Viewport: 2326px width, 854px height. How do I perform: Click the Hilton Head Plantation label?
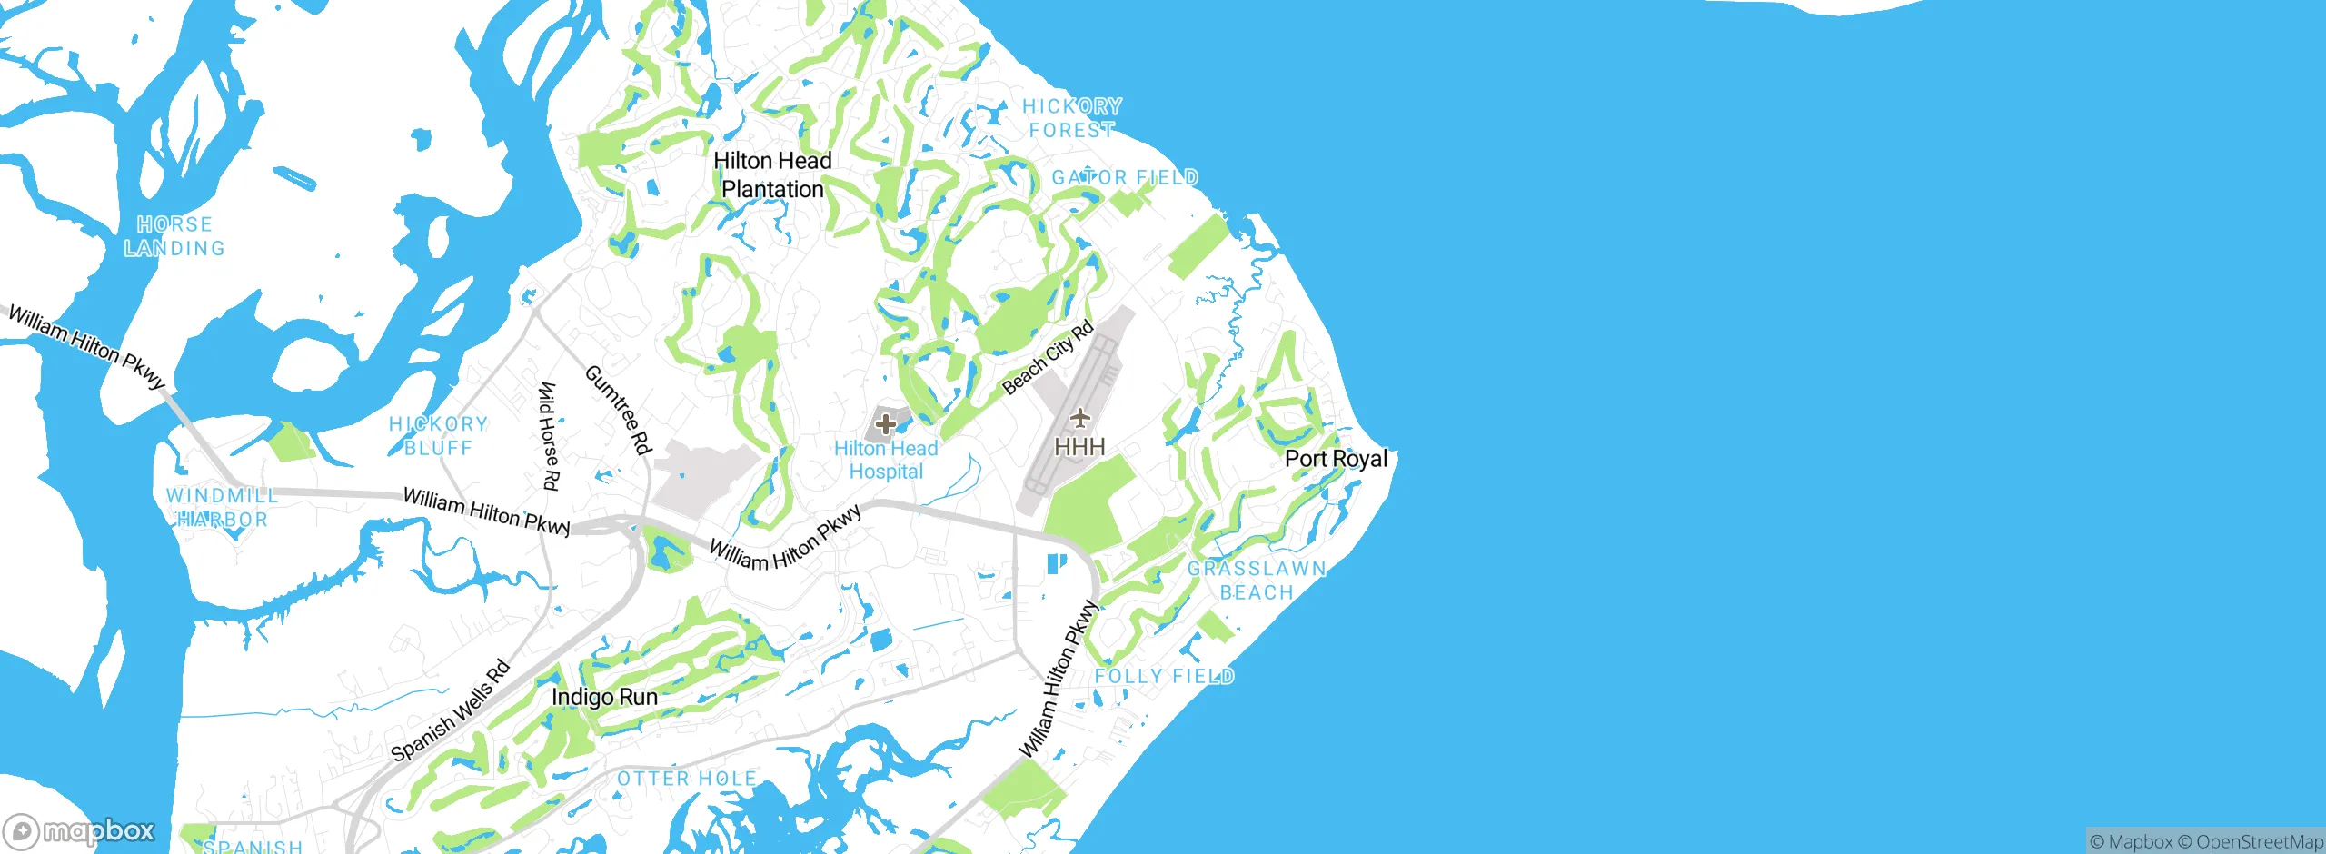pos(772,174)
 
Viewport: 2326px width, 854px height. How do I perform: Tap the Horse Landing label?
pos(174,236)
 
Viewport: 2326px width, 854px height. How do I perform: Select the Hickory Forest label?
pos(1072,118)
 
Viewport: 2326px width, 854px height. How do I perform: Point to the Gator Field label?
pos(1125,177)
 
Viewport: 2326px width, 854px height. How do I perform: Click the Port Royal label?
pos(1336,459)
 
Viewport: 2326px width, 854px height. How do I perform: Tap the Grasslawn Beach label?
pos(1257,581)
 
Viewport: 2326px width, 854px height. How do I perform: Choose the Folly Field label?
pos(1164,676)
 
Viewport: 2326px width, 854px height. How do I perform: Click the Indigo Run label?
pos(604,697)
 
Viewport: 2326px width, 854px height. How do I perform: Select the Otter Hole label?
pos(687,779)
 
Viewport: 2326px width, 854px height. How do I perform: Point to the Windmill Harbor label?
pos(222,508)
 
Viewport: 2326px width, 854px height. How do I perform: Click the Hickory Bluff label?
pos(438,436)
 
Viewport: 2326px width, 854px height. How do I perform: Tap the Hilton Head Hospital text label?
pos(886,460)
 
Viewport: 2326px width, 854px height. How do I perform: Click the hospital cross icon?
pos(886,423)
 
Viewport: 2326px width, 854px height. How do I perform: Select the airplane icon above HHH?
pos(1079,418)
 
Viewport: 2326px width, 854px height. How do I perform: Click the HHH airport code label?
pos(1079,447)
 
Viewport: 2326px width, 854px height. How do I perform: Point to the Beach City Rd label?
pos(1048,359)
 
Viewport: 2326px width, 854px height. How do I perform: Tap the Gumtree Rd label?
pos(618,409)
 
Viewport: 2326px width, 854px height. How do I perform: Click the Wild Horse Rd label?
pos(548,436)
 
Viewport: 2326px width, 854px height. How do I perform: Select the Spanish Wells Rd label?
pos(451,711)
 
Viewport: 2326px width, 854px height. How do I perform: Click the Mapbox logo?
pos(79,831)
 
